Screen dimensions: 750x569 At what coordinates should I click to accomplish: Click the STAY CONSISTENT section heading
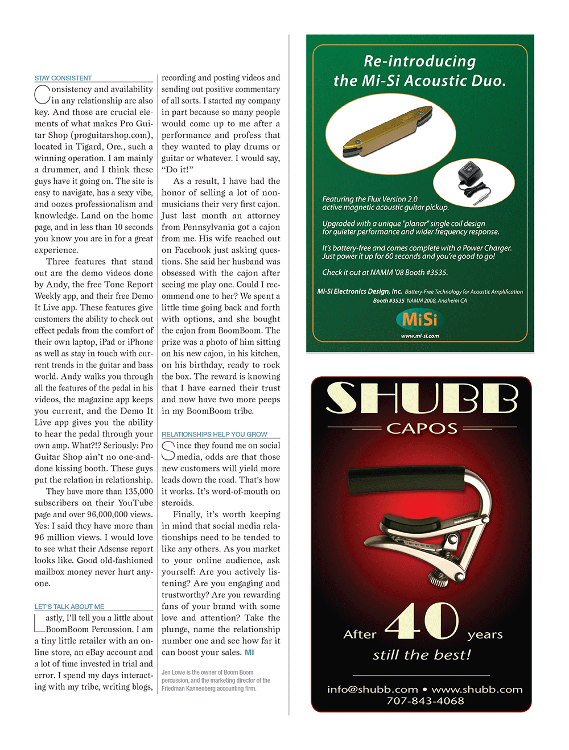pyautogui.click(x=63, y=78)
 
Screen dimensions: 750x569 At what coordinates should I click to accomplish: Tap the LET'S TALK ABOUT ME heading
pyautogui.click(x=69, y=607)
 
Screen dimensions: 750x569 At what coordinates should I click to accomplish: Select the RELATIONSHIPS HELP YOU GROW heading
pyautogui.click(x=214, y=434)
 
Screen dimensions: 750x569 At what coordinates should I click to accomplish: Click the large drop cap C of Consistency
pyautogui.click(x=42, y=94)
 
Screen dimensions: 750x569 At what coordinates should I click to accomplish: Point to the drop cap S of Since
pyautogui.click(x=168, y=451)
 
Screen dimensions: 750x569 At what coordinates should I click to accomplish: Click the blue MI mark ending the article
pyautogui.click(x=249, y=653)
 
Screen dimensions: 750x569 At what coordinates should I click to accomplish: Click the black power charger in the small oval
pyautogui.click(x=472, y=180)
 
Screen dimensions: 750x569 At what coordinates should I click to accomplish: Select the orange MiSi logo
pyautogui.click(x=420, y=319)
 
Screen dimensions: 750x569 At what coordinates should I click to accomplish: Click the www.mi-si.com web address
pyautogui.click(x=420, y=336)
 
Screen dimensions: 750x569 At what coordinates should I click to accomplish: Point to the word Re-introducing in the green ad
pyautogui.click(x=420, y=61)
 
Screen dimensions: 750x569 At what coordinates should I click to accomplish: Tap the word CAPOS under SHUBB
pyautogui.click(x=422, y=428)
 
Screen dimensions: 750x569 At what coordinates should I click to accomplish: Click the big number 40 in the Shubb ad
pyautogui.click(x=422, y=621)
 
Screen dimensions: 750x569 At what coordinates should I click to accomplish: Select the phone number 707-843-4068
pyautogui.click(x=425, y=701)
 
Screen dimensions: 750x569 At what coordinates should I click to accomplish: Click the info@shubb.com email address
pyautogui.click(x=373, y=689)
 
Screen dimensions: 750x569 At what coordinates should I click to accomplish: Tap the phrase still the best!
pyautogui.click(x=422, y=655)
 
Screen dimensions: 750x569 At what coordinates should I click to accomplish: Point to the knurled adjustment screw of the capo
pyautogui.click(x=439, y=578)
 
